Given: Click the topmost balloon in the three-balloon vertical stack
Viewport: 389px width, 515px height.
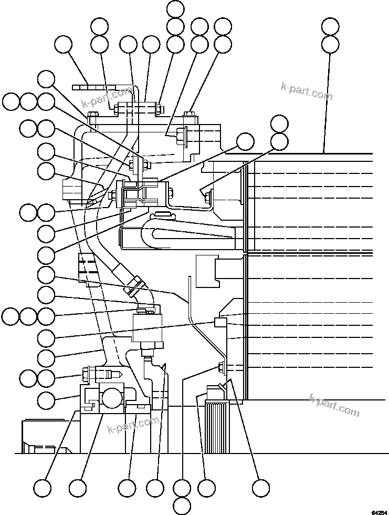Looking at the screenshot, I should [x=175, y=9].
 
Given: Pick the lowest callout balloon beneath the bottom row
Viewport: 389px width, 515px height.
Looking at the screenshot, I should [x=182, y=506].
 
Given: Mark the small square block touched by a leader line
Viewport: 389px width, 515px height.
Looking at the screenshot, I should [x=220, y=322].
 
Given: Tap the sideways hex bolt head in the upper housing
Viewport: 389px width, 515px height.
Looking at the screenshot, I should [x=182, y=136].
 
